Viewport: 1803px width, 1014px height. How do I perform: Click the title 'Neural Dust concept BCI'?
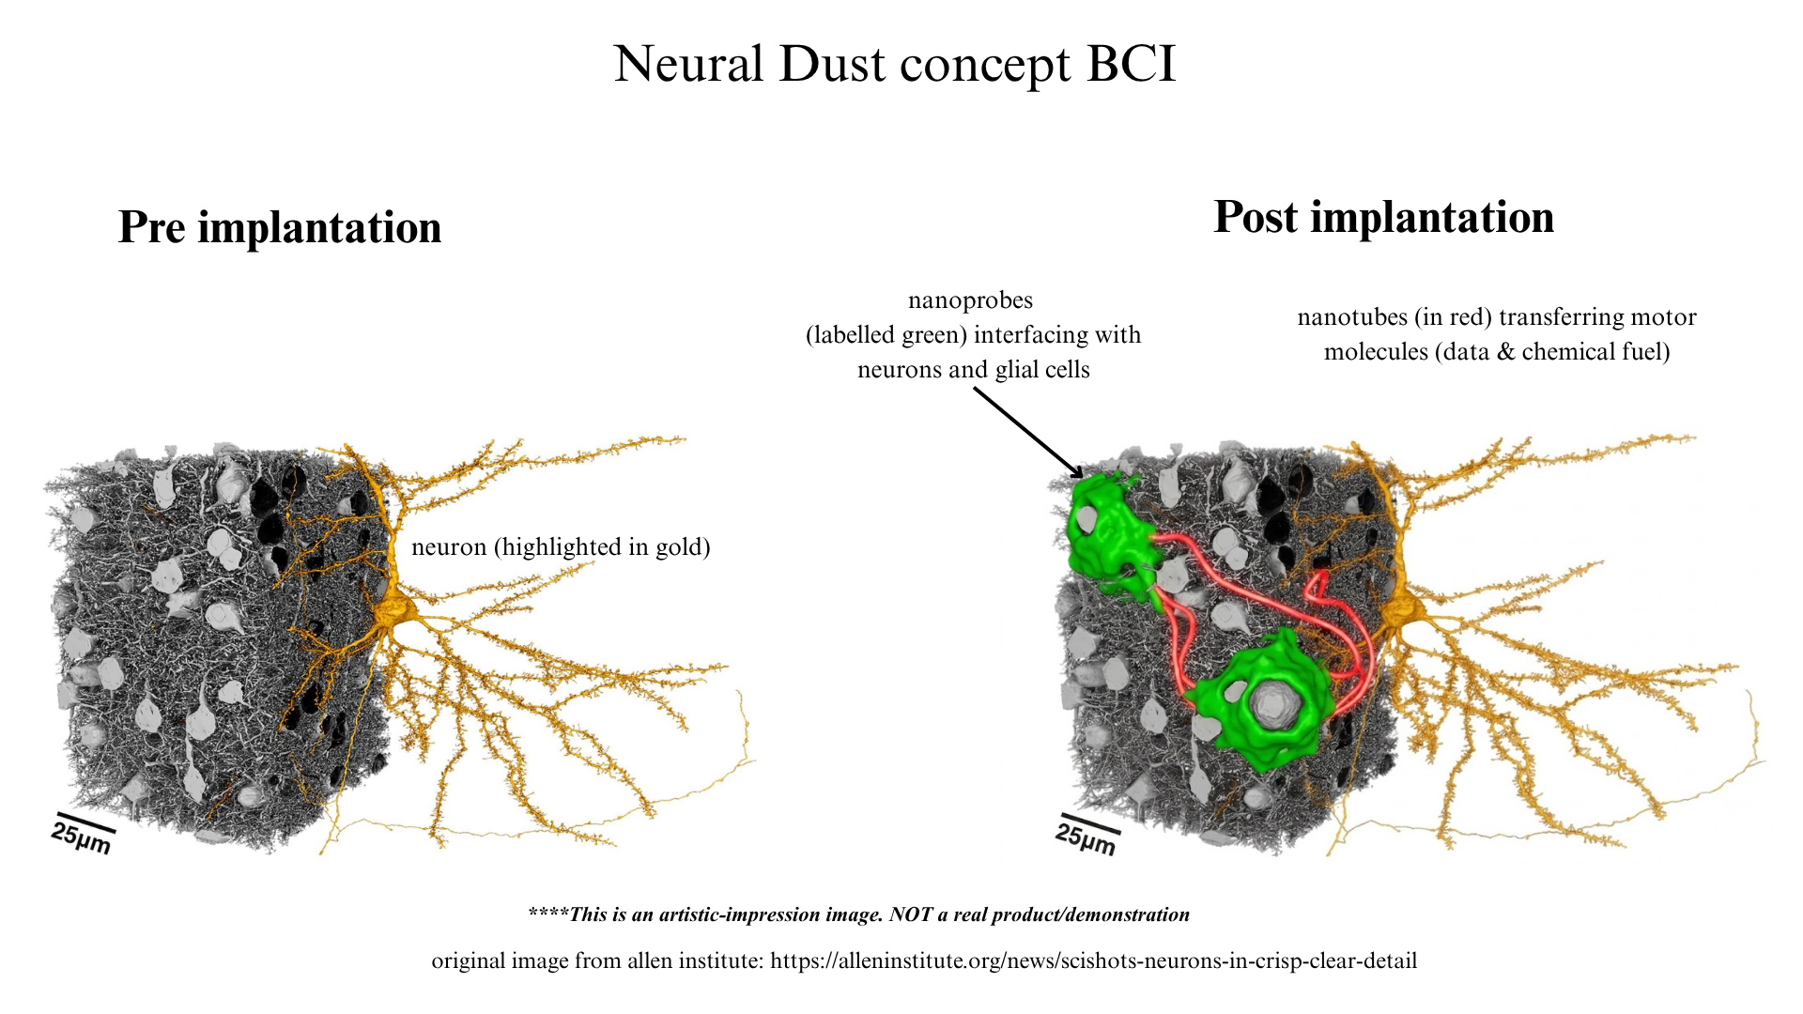tap(894, 64)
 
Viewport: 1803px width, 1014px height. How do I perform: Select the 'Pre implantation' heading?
tap(280, 227)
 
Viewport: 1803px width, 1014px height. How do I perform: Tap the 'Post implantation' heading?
tap(1384, 217)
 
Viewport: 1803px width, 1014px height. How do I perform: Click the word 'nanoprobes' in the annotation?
tap(970, 300)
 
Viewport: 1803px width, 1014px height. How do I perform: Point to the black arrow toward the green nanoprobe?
tap(1029, 433)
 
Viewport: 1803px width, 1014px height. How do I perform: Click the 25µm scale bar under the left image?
tap(84, 832)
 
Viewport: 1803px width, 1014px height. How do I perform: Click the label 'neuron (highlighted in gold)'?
tap(561, 546)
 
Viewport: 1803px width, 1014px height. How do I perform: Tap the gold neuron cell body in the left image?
tap(393, 615)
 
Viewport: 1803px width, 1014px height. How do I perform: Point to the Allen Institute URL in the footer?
tap(1094, 961)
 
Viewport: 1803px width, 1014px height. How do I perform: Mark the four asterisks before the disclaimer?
tap(547, 912)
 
